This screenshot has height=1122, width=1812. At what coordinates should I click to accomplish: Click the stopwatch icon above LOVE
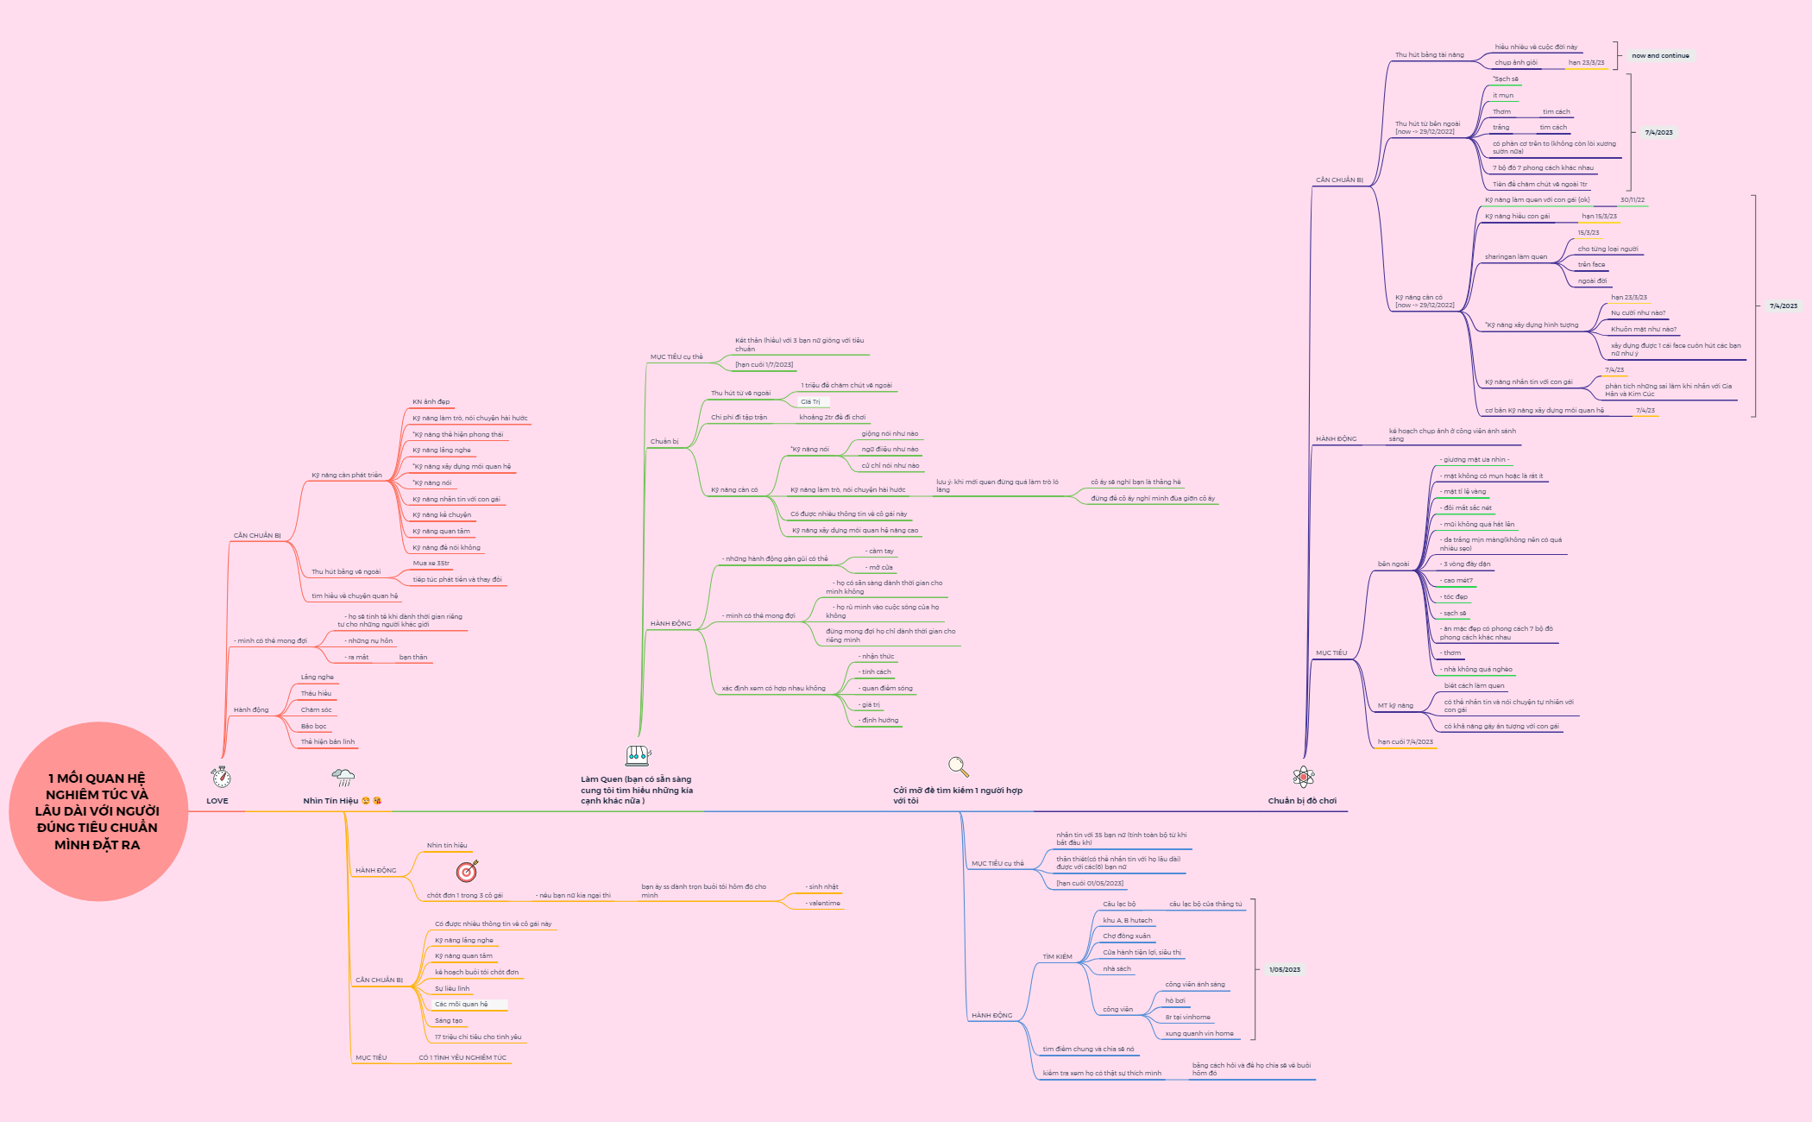(x=221, y=777)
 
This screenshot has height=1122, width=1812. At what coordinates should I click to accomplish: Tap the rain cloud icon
(x=343, y=777)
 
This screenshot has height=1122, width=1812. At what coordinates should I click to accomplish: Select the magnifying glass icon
(x=958, y=766)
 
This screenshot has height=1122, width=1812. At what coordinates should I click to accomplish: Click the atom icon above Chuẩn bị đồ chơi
(x=1303, y=777)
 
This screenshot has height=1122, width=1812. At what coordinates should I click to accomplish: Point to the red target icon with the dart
(x=467, y=871)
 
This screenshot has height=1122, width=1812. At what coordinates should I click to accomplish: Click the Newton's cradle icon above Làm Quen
(x=638, y=756)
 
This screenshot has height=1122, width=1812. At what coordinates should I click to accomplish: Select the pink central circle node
(x=98, y=811)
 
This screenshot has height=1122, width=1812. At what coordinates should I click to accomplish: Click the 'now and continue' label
(x=1660, y=55)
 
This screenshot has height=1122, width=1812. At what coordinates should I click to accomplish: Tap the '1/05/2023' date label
(x=1284, y=969)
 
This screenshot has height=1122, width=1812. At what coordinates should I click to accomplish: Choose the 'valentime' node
(x=824, y=903)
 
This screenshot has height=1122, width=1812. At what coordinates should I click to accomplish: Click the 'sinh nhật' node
(x=823, y=886)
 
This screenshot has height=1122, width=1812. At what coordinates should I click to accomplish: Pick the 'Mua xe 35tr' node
(x=431, y=563)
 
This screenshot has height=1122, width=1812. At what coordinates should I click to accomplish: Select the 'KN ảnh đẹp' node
(x=431, y=401)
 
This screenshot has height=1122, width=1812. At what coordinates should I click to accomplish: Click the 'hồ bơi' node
(x=1174, y=1000)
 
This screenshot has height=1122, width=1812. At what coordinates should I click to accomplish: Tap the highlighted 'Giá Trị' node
(x=810, y=401)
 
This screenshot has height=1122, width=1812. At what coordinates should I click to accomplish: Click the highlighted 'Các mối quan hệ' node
(x=462, y=1004)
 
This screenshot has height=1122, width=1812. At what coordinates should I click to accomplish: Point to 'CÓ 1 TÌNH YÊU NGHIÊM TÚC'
(x=462, y=1057)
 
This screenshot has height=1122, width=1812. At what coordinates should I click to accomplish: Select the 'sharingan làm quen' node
(x=1515, y=256)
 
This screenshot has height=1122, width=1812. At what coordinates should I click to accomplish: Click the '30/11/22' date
(x=1632, y=199)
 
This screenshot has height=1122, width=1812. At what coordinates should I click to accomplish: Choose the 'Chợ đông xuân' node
(x=1126, y=936)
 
